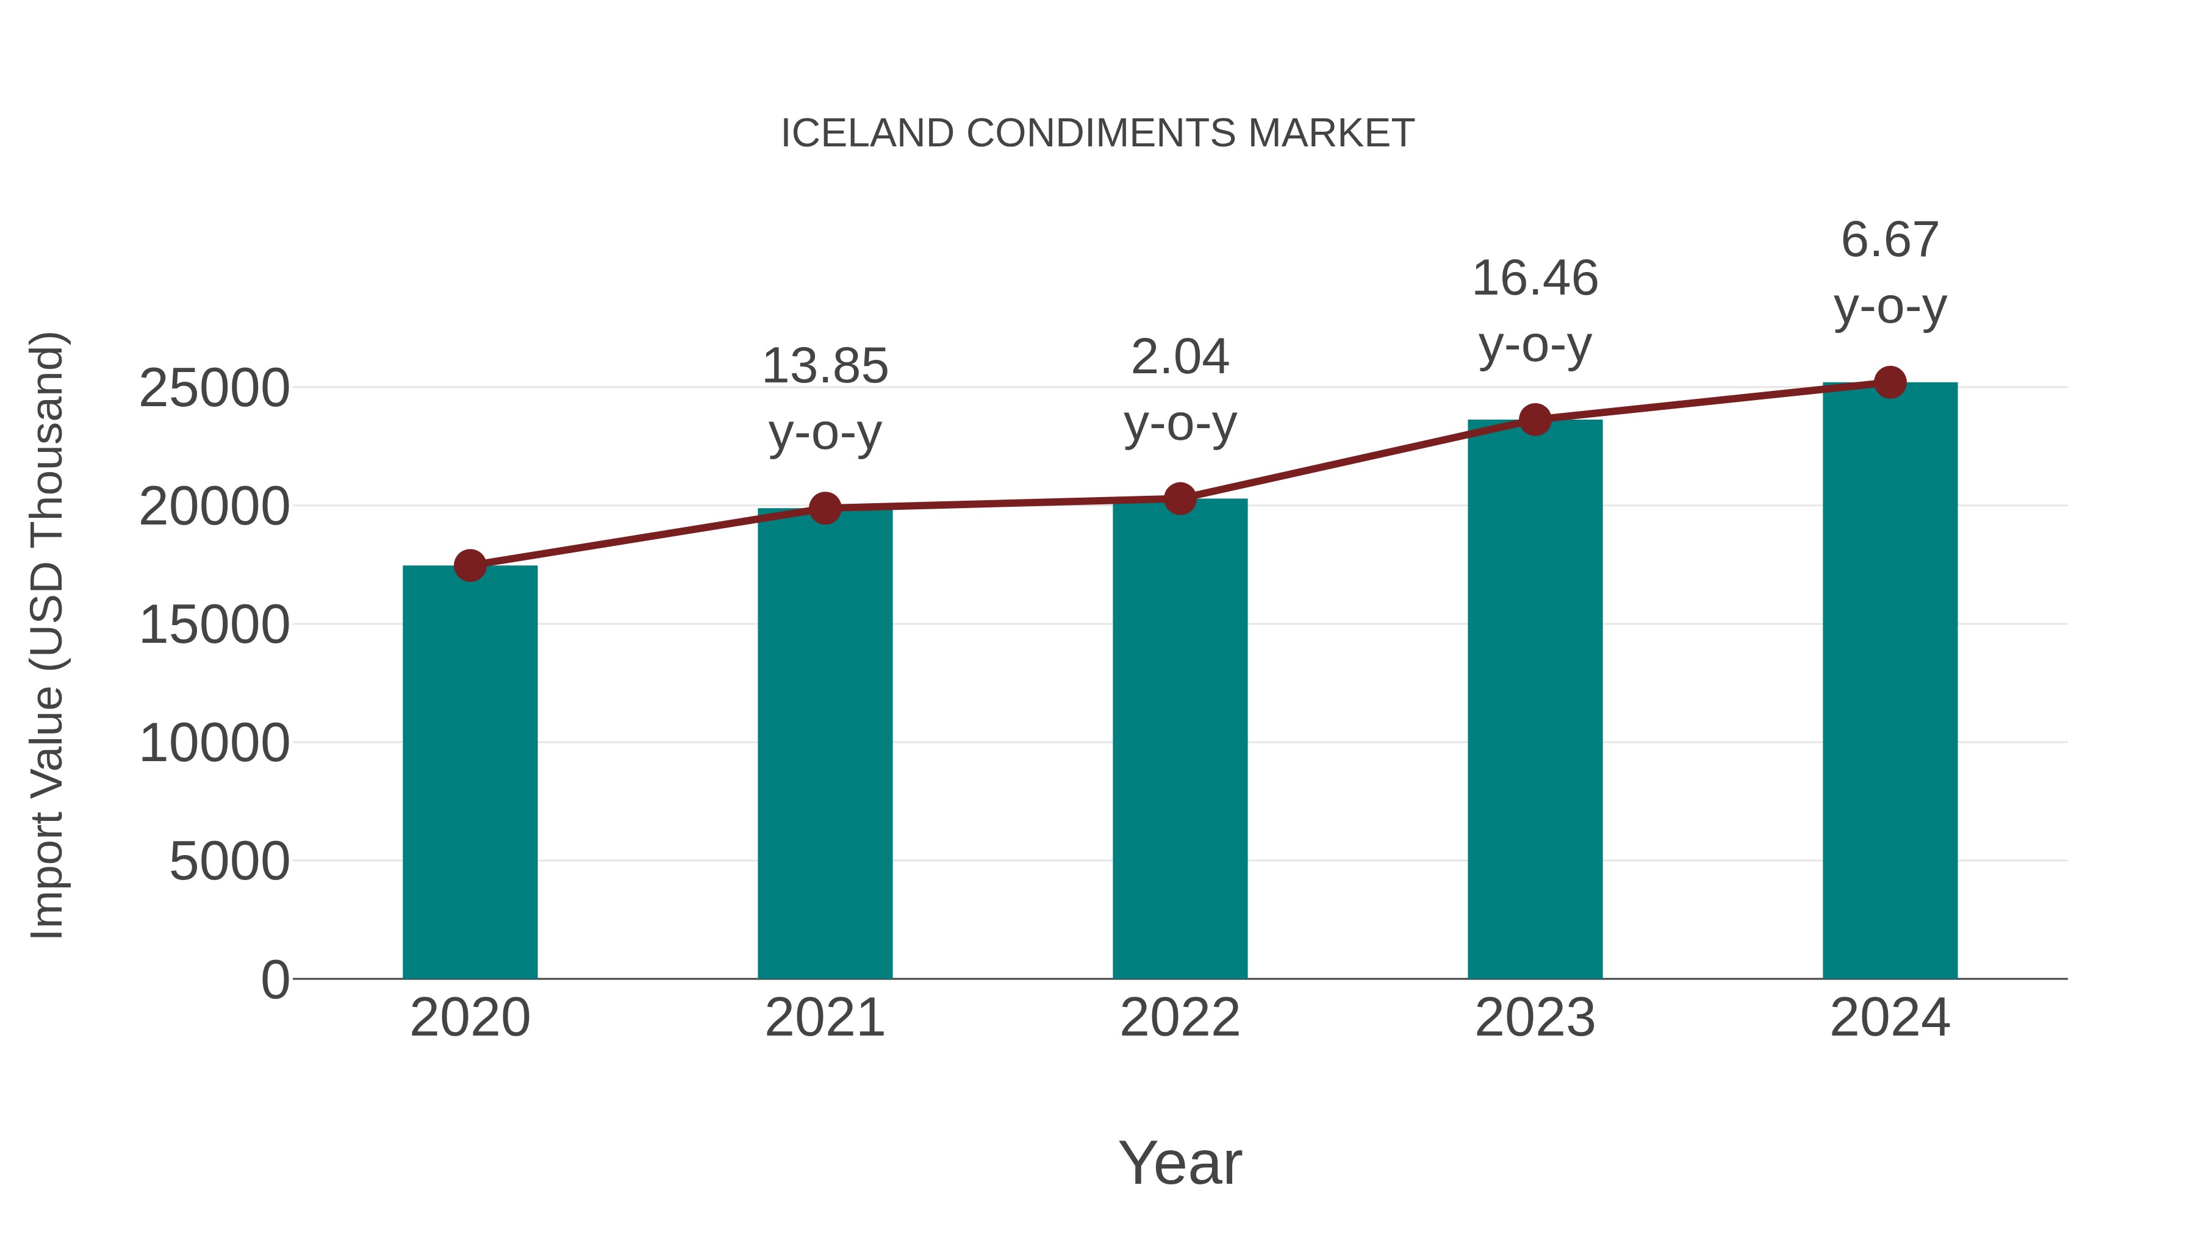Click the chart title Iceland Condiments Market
1097,134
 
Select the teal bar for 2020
470,771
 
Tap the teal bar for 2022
1180,738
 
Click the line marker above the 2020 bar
470,565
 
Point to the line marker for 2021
824,509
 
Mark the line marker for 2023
1535,420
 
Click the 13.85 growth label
824,367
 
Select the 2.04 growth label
1180,357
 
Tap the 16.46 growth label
1535,279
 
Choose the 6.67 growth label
1890,240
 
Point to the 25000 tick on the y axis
214,388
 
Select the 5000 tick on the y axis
229,862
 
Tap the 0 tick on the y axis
275,979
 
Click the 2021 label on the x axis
824,1018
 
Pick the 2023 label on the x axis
1535,1018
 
